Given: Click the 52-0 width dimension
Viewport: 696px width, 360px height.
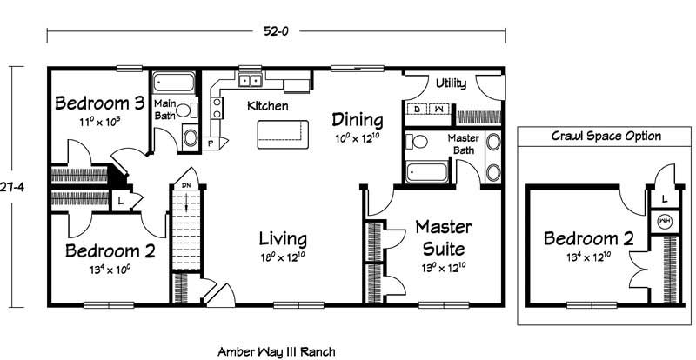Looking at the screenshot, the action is click(x=276, y=31).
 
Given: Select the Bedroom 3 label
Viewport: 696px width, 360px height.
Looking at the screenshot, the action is click(x=100, y=103).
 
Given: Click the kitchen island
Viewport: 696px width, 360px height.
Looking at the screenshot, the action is click(x=284, y=134).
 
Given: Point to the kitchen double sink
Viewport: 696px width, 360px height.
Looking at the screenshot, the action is click(x=251, y=80).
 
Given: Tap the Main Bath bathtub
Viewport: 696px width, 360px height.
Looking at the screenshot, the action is click(x=174, y=83).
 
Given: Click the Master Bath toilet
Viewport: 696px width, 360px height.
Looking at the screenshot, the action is click(x=417, y=142).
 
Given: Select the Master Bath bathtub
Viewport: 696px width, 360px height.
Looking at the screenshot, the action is click(x=426, y=172).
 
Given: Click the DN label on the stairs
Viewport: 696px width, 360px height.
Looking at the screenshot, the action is click(x=186, y=185).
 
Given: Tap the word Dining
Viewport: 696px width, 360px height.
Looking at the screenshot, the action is click(x=358, y=119).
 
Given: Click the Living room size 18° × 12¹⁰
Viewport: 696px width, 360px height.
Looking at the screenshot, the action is click(x=283, y=257).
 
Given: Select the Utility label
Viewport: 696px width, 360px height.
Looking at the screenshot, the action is click(x=451, y=83).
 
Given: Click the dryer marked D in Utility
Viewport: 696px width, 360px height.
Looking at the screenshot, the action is click(x=417, y=109).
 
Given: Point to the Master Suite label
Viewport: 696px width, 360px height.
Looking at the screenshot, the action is click(x=444, y=238).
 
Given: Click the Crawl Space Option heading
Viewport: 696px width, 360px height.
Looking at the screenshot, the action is click(x=606, y=136).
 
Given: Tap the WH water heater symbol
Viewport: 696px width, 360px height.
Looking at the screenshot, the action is click(x=665, y=221).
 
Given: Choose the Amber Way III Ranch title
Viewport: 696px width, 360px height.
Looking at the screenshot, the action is click(x=277, y=352).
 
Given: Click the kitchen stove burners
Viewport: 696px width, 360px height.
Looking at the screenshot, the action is click(x=217, y=108).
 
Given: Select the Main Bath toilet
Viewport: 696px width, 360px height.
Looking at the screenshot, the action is click(x=186, y=110).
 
